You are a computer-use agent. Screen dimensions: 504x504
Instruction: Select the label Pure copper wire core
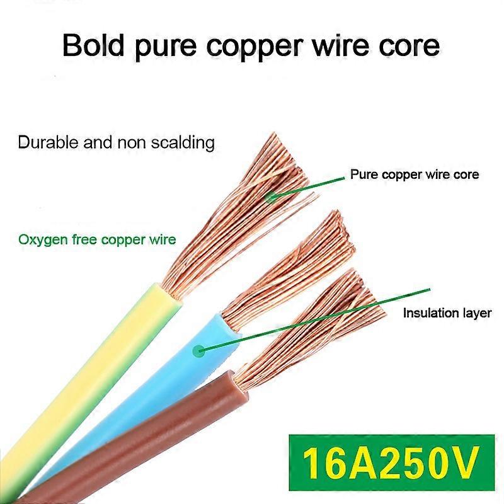point(414,175)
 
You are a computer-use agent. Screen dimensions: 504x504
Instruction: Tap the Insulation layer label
point(447,313)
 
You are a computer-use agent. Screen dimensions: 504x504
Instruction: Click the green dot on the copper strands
point(272,197)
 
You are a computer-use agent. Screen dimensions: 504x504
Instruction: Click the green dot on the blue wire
point(200,350)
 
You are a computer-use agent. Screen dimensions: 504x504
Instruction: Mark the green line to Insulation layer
point(315,318)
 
